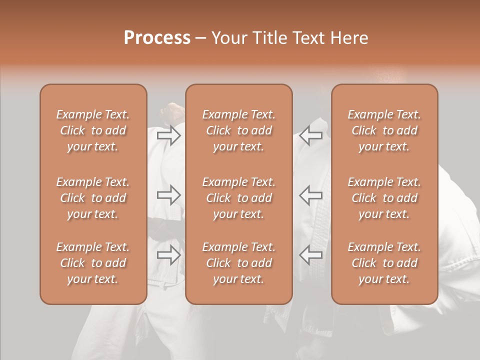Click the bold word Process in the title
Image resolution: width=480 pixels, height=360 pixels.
(x=157, y=38)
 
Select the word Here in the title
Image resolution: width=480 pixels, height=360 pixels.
(x=349, y=38)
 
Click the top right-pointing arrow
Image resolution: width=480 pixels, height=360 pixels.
(x=168, y=135)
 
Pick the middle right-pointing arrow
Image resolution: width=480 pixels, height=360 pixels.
(x=168, y=194)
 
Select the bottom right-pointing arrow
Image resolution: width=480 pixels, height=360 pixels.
(x=168, y=255)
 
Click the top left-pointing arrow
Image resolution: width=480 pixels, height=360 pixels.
(x=310, y=135)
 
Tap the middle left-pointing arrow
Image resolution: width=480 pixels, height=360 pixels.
(x=310, y=194)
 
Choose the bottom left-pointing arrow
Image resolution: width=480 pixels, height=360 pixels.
(x=310, y=255)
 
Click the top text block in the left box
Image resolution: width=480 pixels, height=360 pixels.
(x=93, y=130)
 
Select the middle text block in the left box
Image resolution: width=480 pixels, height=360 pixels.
(x=93, y=198)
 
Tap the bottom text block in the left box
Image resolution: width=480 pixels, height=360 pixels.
(x=93, y=263)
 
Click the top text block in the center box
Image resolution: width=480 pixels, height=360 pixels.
(x=238, y=130)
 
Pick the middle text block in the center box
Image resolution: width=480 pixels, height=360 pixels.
(x=238, y=198)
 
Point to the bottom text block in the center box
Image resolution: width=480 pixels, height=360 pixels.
(x=238, y=263)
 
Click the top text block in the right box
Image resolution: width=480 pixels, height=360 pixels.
(x=384, y=130)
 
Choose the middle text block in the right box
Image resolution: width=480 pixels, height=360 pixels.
(x=384, y=198)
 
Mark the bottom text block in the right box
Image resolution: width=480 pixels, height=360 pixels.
(x=384, y=263)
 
